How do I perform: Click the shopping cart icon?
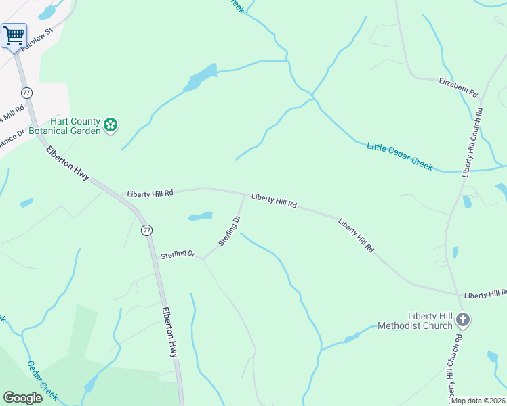pyautogui.click(x=14, y=35)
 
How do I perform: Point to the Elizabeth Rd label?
pyautogui.click(x=458, y=86)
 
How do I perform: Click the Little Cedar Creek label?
pyautogui.click(x=399, y=156)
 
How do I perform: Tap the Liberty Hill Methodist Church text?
pyautogui.click(x=430, y=321)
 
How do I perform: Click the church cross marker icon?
pyautogui.click(x=463, y=319)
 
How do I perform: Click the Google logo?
pyautogui.click(x=22, y=398)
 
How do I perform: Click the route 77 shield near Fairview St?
pyautogui.click(x=26, y=92)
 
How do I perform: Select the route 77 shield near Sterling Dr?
pyautogui.click(x=146, y=231)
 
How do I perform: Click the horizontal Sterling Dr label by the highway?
pyautogui.click(x=178, y=255)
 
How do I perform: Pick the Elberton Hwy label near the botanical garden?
pyautogui.click(x=68, y=163)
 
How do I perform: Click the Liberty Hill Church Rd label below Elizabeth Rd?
pyautogui.click(x=473, y=142)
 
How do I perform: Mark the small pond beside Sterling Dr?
pyautogui.click(x=200, y=217)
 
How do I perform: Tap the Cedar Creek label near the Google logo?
pyautogui.click(x=42, y=380)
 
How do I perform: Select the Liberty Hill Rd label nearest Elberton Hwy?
pyautogui.click(x=150, y=194)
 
